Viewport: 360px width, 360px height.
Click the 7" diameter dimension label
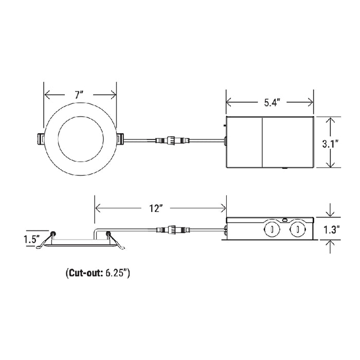coord(79,95)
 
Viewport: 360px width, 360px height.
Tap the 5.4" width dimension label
coord(272,103)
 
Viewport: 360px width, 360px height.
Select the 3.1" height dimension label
coord(330,144)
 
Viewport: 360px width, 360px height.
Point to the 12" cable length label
coord(156,208)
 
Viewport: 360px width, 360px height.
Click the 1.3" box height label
coord(332,230)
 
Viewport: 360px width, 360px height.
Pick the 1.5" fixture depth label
coord(32,239)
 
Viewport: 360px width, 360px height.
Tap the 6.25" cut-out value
coord(116,273)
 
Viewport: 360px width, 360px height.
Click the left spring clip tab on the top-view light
coord(41,139)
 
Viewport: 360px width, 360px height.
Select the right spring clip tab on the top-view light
coord(120,139)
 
